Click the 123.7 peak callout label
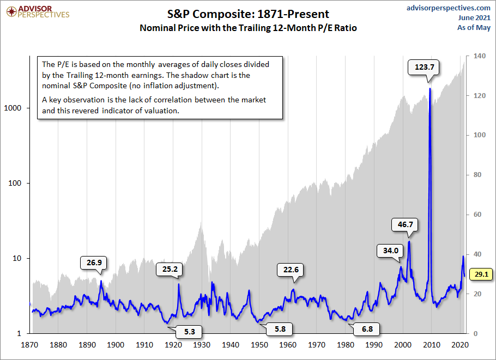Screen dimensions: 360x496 pos(425,68)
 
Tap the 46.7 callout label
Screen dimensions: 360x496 pos(405,224)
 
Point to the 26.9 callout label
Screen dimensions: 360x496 pos(94,263)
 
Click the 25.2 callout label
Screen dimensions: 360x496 pos(170,269)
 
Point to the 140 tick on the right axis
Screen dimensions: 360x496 pos(481,56)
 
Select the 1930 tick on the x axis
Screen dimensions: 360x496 pos(202,345)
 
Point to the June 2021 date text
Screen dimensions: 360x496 pos(474,17)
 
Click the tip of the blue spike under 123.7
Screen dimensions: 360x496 pos(430,88)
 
